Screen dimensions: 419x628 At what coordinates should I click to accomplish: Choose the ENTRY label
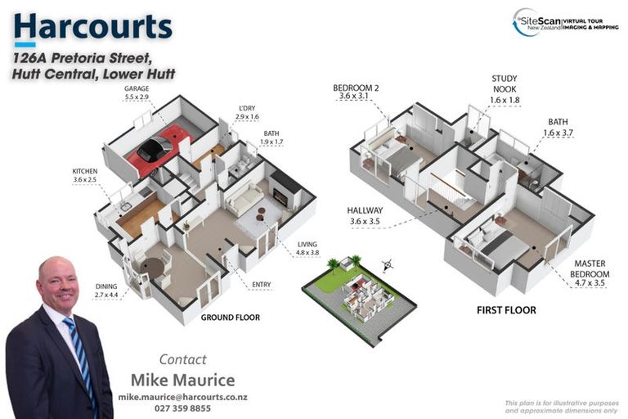tap(261, 284)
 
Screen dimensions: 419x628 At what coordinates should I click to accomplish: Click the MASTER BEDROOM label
tap(583, 269)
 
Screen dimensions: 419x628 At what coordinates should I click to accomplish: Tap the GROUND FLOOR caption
tap(231, 317)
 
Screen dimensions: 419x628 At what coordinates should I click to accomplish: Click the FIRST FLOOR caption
tap(506, 310)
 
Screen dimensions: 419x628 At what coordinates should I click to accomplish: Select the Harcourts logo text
tap(92, 26)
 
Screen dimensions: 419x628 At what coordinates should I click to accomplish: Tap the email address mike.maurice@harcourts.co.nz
tap(183, 396)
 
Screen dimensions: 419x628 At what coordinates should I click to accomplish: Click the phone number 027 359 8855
tap(183, 408)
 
